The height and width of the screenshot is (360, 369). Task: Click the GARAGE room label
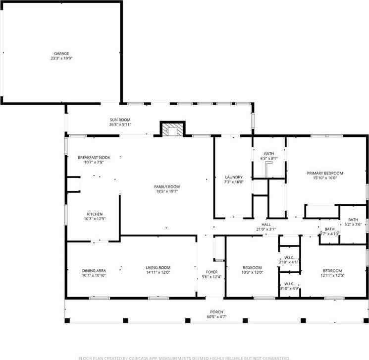point(61,54)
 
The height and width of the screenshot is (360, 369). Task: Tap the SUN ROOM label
point(120,120)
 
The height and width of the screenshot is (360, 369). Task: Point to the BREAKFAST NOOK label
point(94,158)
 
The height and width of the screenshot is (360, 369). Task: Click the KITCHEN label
point(95,214)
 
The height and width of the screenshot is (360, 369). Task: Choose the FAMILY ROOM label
point(166,186)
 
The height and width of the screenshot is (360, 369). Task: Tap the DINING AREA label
point(94,270)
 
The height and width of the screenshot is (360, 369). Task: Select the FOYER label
point(211,272)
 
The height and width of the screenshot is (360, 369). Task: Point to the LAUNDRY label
point(234,177)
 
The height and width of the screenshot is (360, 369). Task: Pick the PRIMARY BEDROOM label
point(325,173)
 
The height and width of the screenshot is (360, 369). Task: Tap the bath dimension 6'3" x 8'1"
point(269,159)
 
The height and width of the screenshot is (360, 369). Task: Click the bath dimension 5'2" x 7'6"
point(353,224)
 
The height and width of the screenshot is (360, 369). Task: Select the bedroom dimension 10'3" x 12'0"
point(252,272)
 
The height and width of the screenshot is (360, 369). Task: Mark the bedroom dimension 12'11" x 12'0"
point(331,275)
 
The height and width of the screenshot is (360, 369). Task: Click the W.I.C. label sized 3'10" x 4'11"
point(289,257)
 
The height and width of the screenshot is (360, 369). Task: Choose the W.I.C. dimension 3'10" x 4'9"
point(289,288)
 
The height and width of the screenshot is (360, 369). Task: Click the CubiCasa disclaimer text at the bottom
point(184,357)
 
